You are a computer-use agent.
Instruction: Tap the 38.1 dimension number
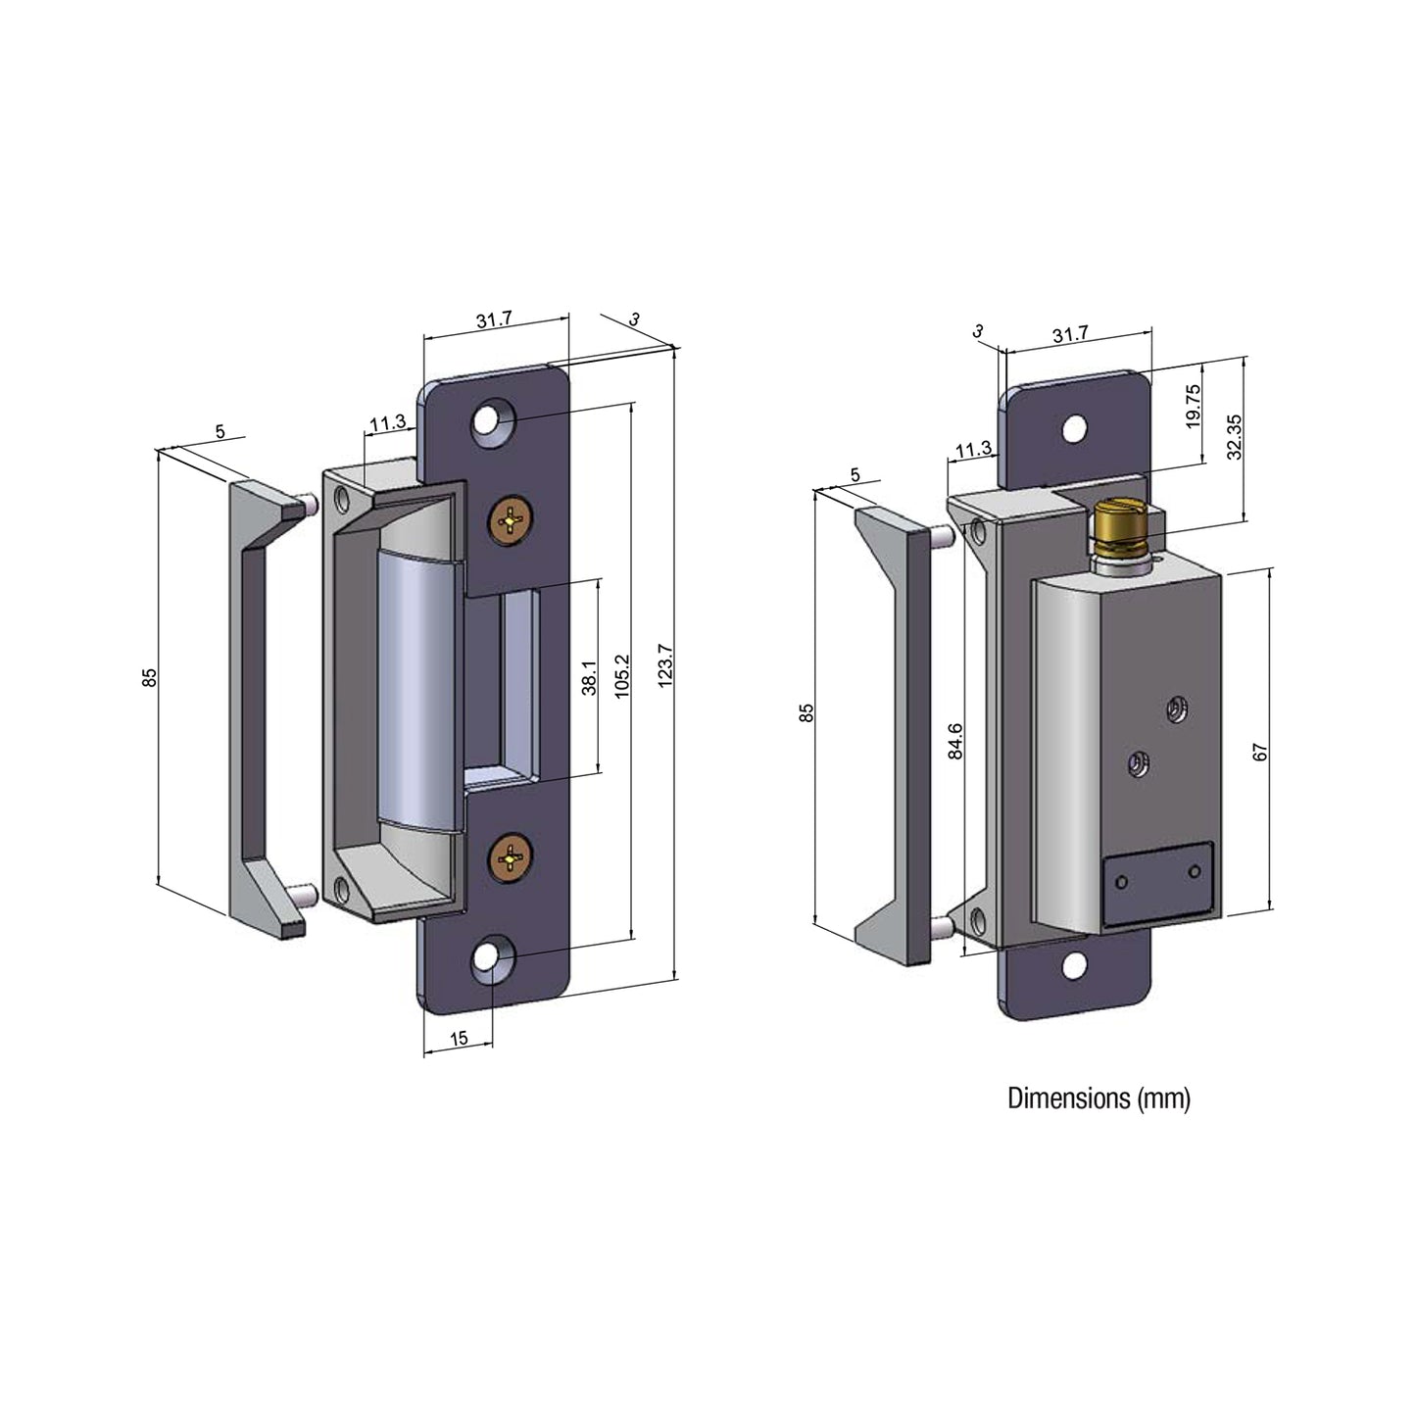pos(588,677)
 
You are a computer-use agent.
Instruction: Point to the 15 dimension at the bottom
pos(459,1038)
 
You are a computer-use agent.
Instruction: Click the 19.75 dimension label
pos(1192,405)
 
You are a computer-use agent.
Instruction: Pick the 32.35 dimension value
pos(1234,436)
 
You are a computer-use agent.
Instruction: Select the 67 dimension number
pos(1261,752)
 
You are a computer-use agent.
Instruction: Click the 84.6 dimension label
pos(955,741)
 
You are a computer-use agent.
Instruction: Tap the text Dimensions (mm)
pos(1099,1099)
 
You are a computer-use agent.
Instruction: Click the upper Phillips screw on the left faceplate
pos(511,519)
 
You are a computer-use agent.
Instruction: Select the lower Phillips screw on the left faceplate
pos(511,858)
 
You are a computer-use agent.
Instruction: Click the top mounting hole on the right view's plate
pos(1076,427)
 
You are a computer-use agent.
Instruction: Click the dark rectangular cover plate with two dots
pos(1157,884)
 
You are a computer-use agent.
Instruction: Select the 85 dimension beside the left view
pos(149,678)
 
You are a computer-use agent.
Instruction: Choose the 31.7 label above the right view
pos(1070,333)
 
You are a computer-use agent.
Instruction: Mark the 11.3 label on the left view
pos(387,423)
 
